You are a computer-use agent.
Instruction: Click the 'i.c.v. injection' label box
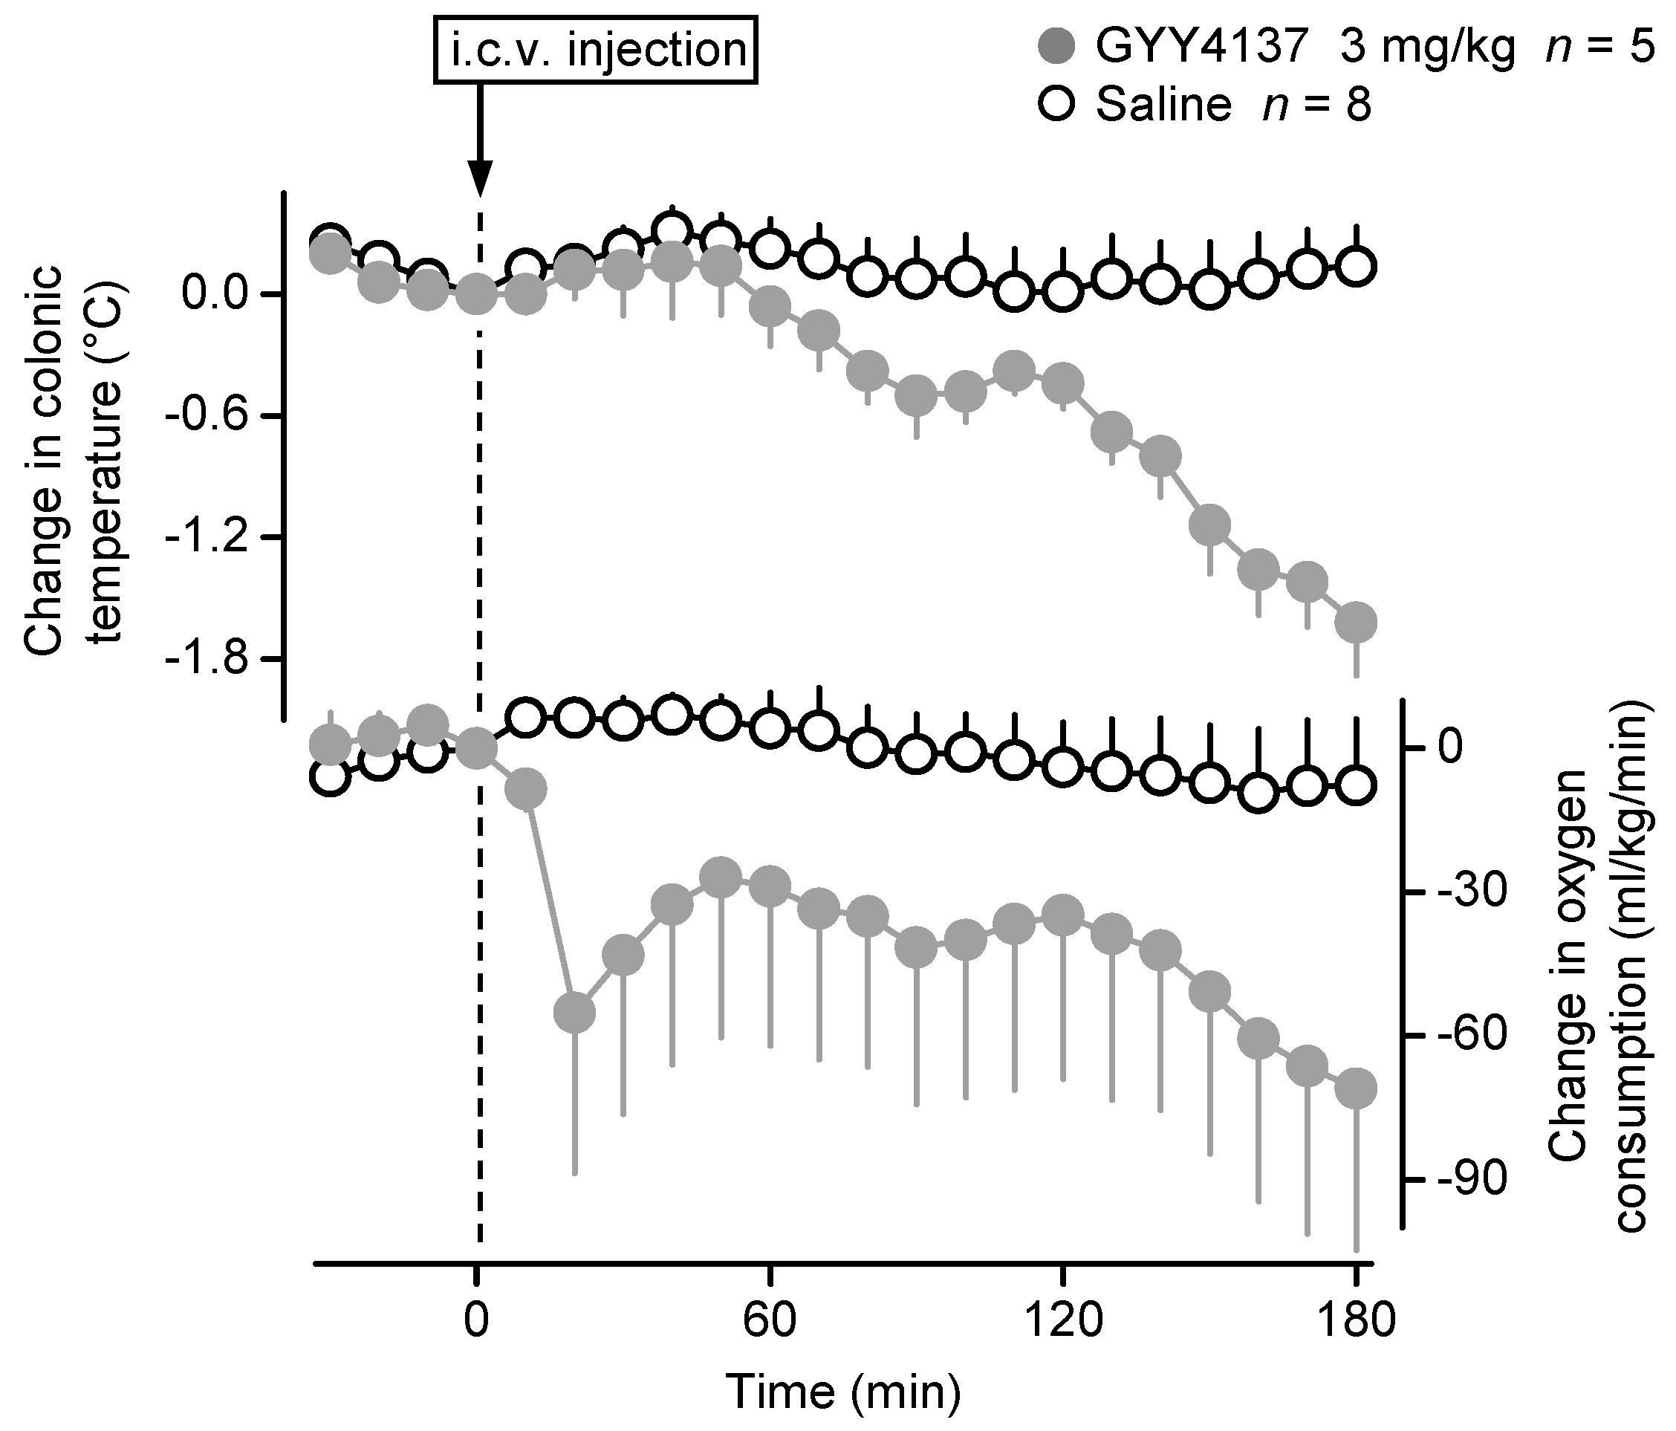596,51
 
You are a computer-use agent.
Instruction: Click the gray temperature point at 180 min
1356,622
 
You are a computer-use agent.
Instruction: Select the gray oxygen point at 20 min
574,1012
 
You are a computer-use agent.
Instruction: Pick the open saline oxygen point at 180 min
1356,785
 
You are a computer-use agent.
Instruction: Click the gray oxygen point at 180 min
1356,1088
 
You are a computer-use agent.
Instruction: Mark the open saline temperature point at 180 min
1356,266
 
